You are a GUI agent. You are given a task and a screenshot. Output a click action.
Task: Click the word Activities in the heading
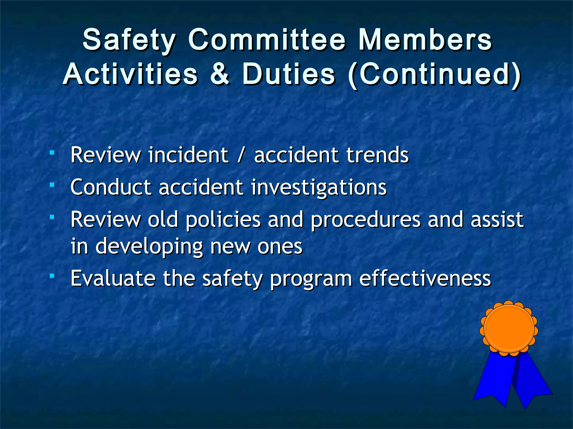(x=131, y=74)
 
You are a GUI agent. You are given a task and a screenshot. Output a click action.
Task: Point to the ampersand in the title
(x=220, y=74)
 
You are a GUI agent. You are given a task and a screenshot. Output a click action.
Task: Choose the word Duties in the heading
(x=288, y=74)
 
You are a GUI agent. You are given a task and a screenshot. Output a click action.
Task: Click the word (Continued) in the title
(x=434, y=74)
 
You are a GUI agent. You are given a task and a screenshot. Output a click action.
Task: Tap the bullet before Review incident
(x=52, y=152)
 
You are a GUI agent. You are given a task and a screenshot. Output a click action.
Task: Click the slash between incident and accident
(x=240, y=155)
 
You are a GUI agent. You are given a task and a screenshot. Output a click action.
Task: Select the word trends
(x=377, y=155)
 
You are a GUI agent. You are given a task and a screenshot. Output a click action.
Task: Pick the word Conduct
(x=111, y=187)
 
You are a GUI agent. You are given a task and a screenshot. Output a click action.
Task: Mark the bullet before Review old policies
(x=52, y=217)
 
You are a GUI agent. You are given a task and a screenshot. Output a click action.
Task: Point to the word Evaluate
(x=113, y=278)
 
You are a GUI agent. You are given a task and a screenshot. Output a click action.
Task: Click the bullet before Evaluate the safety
(x=52, y=276)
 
